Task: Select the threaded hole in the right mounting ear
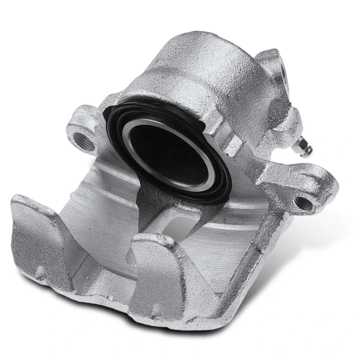[x=304, y=203]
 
